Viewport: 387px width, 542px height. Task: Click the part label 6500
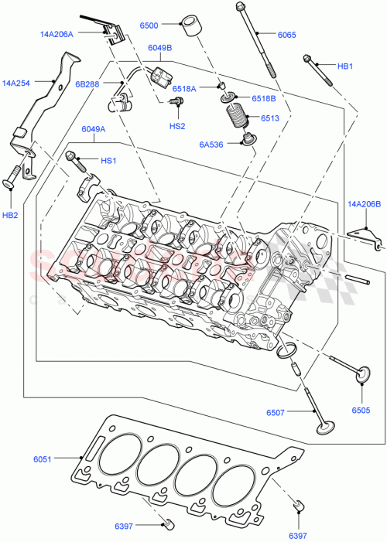click(x=150, y=26)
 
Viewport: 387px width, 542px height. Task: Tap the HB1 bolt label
click(x=344, y=66)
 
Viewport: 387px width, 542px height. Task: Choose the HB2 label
click(x=10, y=216)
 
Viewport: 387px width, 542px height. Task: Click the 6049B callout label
click(x=160, y=47)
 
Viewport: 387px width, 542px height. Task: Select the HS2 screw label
click(x=177, y=125)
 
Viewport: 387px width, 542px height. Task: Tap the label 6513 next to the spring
click(x=269, y=118)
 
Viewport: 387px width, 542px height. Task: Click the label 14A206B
click(x=365, y=204)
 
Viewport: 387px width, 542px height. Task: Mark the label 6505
click(x=361, y=410)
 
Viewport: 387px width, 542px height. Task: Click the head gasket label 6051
click(x=43, y=459)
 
